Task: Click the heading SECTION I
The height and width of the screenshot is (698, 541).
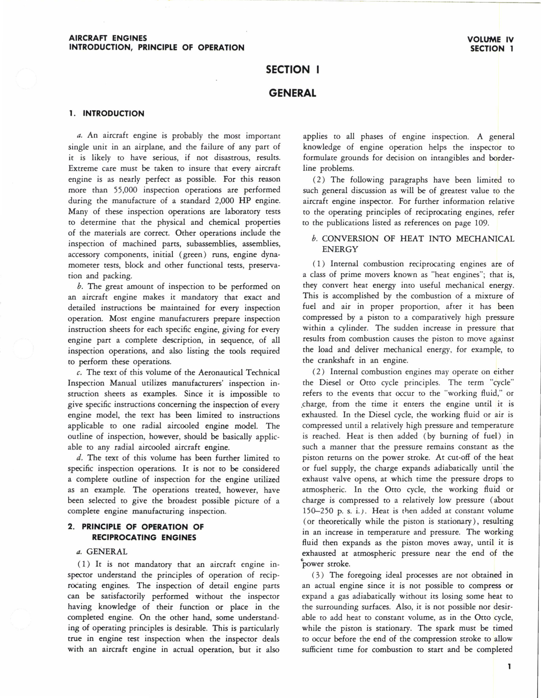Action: [293, 70]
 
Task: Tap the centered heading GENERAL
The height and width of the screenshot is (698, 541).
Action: [292, 93]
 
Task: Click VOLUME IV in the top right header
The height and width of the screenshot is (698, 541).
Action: [491, 39]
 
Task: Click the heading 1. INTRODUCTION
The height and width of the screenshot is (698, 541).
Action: [107, 114]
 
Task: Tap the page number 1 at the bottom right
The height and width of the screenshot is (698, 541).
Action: [509, 667]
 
